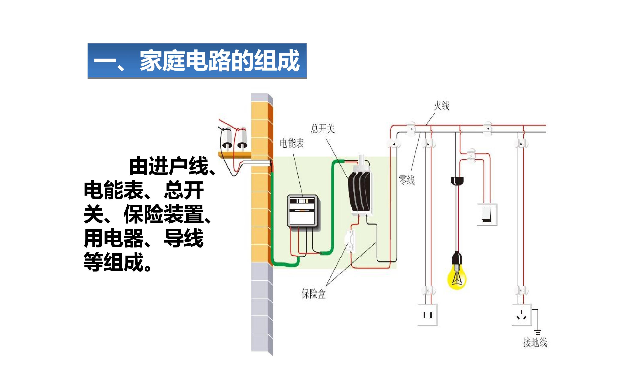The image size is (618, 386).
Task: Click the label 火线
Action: tap(442, 106)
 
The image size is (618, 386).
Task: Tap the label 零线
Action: tap(407, 180)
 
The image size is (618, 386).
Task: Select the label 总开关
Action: tap(323, 129)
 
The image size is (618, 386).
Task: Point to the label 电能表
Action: tap(292, 143)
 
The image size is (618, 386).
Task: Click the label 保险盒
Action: tap(314, 294)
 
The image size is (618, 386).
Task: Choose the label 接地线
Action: tap(535, 342)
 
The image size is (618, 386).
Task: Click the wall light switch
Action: tap(487, 214)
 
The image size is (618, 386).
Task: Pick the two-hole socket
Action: tap(428, 315)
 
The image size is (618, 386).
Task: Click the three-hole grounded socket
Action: tap(522, 315)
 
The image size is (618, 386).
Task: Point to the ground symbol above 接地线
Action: tap(538, 332)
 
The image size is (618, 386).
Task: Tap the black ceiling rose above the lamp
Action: tap(457, 181)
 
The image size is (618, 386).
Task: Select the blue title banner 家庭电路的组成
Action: tap(197, 61)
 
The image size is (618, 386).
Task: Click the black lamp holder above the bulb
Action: tap(457, 258)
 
